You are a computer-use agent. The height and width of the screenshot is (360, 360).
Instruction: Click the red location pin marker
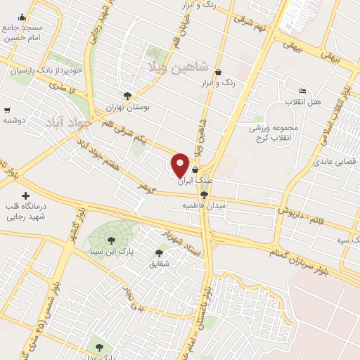coord(181,163)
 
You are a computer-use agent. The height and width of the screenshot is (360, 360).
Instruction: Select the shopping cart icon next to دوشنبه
coord(7,110)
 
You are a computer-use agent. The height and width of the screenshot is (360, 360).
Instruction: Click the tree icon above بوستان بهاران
coord(127,96)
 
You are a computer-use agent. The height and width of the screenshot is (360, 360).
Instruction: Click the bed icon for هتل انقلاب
coord(302,91)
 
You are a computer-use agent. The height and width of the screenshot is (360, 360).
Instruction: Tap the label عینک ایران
coord(195,181)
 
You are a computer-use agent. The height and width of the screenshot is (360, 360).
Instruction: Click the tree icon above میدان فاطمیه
coord(205,195)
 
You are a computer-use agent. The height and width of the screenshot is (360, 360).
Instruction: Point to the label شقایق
coord(159,264)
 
